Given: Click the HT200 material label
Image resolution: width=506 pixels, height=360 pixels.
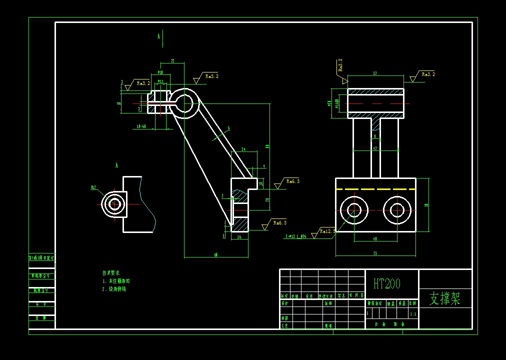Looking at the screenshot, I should tap(387, 284).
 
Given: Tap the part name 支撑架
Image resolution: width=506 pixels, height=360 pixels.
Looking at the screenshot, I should tap(444, 298).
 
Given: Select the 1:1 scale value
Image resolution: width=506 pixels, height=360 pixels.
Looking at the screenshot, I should tap(413, 314).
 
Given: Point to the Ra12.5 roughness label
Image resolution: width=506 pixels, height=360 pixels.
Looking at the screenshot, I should tap(327, 231).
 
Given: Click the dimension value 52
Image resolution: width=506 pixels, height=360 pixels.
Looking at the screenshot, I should tap(375, 73).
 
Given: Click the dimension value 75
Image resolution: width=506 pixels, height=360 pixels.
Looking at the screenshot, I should tap(375, 253).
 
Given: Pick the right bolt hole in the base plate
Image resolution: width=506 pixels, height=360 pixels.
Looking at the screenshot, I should tap(397, 210).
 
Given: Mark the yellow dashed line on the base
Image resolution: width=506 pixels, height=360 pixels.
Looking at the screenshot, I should tap(375, 189).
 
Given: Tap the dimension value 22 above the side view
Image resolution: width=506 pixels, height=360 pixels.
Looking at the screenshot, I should tap(172, 61).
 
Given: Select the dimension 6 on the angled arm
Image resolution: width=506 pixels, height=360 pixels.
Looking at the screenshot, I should tap(228, 128).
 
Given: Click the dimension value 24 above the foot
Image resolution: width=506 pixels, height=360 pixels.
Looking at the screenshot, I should tap(243, 149).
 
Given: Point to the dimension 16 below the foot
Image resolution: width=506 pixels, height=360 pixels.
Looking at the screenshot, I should tap(239, 237).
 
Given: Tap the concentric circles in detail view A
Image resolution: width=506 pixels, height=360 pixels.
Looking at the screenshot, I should tap(114, 204).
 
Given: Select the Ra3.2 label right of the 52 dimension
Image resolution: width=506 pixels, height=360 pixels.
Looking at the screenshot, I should tap(428, 74).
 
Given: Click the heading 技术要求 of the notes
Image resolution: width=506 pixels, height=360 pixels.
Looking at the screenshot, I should tap(111, 273).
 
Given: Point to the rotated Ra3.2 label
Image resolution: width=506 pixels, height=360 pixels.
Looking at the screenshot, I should tap(340, 65).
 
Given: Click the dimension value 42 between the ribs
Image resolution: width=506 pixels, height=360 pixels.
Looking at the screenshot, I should tap(375, 148).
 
